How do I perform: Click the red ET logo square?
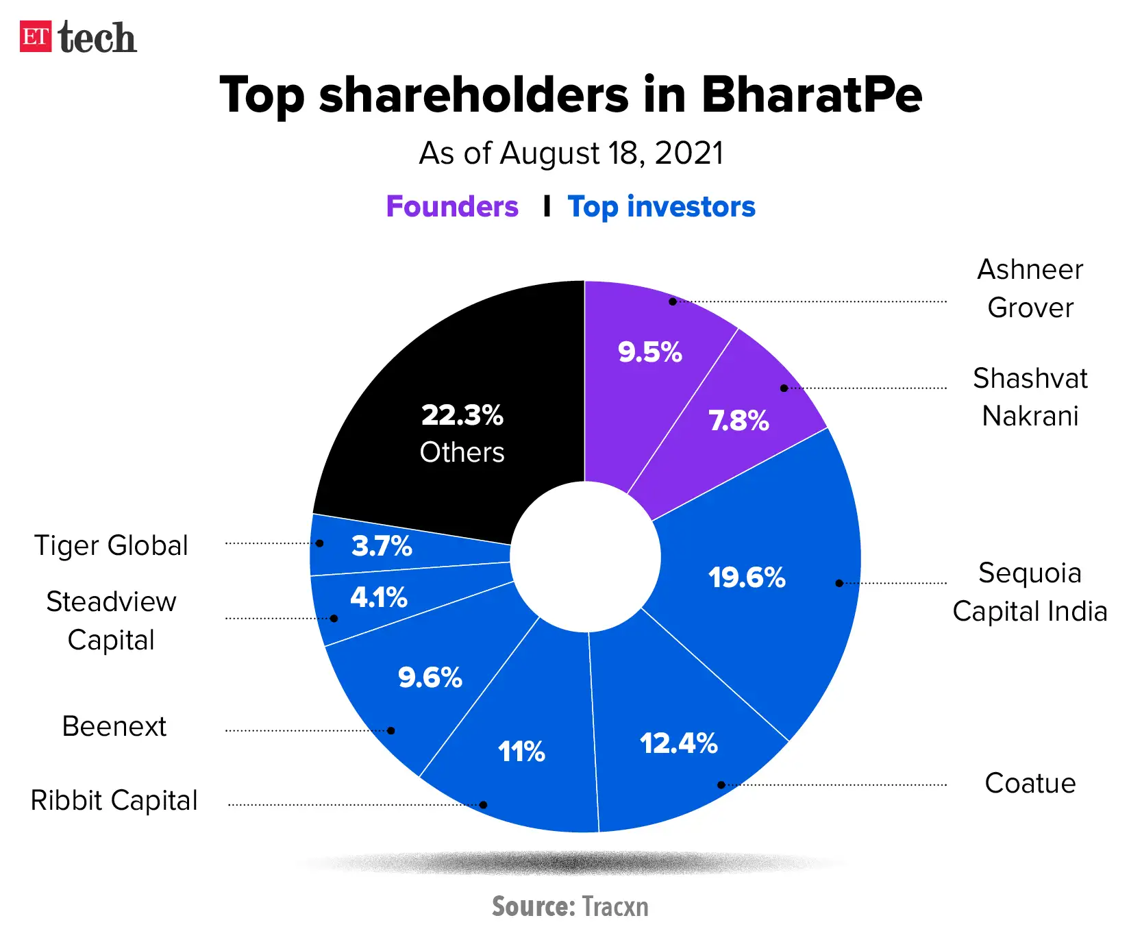tap(35, 37)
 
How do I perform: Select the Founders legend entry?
tap(451, 206)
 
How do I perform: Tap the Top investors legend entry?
tap(661, 206)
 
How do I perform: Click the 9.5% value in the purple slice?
tap(649, 352)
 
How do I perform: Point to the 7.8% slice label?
tap(738, 421)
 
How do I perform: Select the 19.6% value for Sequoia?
tap(746, 578)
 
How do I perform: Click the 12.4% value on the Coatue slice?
tap(678, 743)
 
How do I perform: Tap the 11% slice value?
tap(521, 752)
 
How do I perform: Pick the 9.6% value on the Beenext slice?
tap(430, 678)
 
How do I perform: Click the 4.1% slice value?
tap(378, 597)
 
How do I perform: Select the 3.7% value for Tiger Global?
tap(382, 546)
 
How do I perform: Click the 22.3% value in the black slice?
tap(462, 415)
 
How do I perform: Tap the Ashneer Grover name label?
tap(1030, 288)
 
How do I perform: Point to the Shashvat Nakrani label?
tap(1030, 397)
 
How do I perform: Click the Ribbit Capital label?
tap(114, 800)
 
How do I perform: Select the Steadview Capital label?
tap(111, 621)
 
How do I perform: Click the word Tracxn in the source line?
tap(615, 906)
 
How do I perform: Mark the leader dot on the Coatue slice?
tap(721, 785)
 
